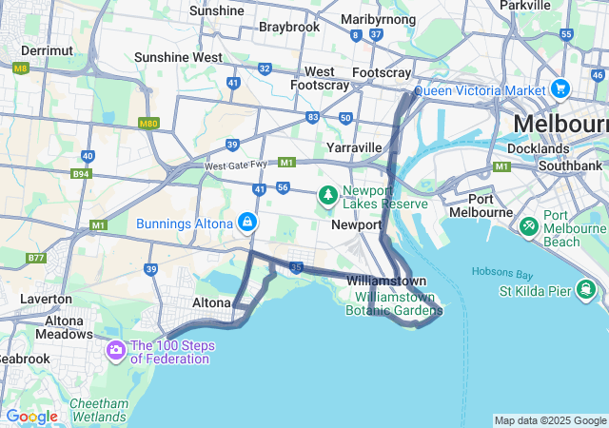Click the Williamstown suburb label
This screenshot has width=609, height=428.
pos(386,282)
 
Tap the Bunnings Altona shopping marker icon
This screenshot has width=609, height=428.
pos(247,223)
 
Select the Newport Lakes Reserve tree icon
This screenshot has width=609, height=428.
pos(328,196)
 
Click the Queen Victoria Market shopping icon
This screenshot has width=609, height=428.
pos(560,89)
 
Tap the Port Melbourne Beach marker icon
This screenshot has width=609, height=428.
pos(528,228)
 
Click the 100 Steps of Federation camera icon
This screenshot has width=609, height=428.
pos(116,351)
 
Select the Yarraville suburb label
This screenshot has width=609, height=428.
pos(354,147)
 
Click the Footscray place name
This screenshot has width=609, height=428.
pos(381,72)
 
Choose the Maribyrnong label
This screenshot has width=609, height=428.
pos(378,19)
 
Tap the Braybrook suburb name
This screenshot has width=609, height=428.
pos(289,27)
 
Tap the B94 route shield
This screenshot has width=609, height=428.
pos(81,174)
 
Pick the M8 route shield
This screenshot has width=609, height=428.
pos(20,68)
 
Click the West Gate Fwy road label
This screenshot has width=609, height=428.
pos(239,166)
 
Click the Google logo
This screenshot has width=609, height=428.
pos(31,417)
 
